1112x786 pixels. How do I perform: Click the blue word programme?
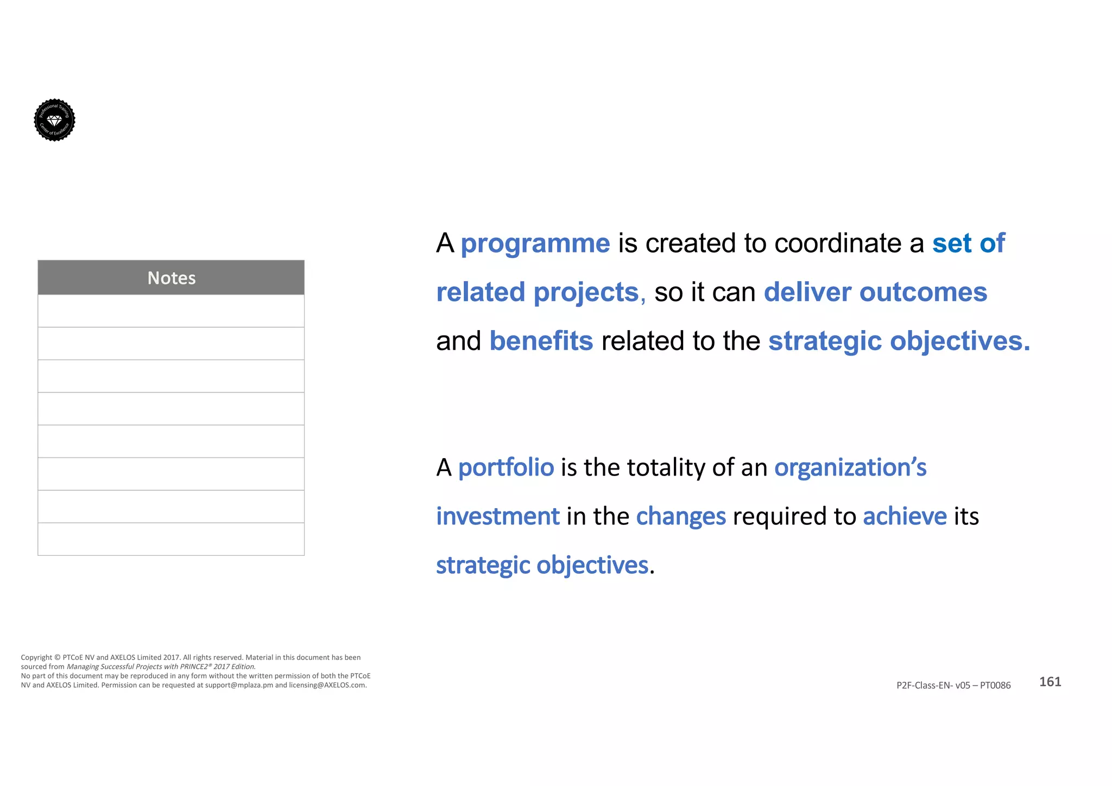tap(535, 244)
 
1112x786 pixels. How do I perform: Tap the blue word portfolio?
tap(506, 467)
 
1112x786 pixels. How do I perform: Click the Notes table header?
tap(171, 278)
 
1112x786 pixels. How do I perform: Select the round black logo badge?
tap(54, 120)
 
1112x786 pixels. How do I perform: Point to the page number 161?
tap(1050, 682)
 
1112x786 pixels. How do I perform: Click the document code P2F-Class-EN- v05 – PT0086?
tap(953, 686)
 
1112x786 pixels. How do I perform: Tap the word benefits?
tap(541, 341)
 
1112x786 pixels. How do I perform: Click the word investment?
tap(497, 516)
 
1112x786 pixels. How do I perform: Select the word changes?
tap(680, 516)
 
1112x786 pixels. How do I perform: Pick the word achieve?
tap(905, 516)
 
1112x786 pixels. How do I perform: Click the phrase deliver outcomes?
tap(875, 293)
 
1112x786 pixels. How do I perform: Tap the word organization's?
tap(850, 467)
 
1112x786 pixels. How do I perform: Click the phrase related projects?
tap(538, 293)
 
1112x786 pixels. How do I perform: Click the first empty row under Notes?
tap(171, 311)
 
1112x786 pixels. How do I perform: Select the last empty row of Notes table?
tap(171, 539)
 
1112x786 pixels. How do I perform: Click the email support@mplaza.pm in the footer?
tap(239, 686)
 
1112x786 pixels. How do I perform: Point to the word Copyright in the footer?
tap(36, 658)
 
